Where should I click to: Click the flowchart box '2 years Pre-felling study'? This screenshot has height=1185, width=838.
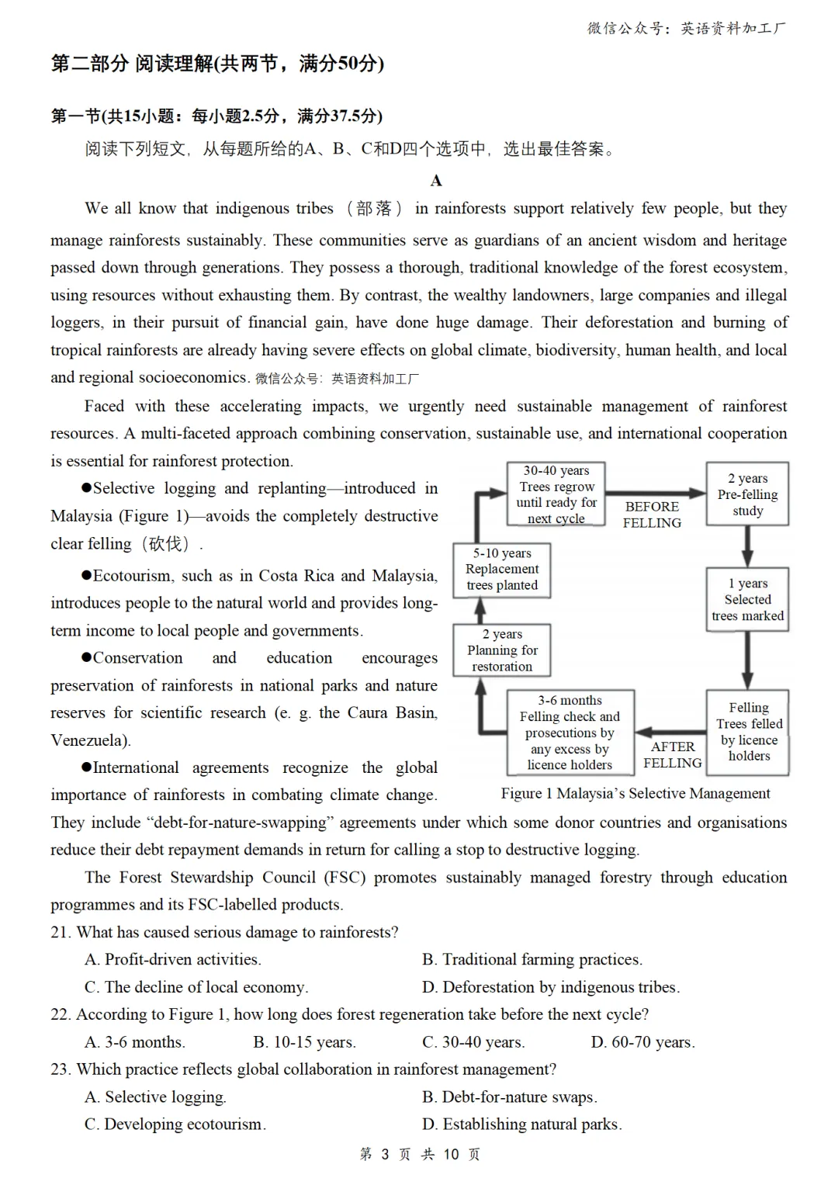point(747,494)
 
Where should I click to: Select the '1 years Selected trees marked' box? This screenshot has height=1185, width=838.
point(747,599)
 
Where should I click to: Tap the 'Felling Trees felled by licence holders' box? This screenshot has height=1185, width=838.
point(748,732)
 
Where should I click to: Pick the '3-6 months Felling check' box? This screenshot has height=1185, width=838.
point(570,732)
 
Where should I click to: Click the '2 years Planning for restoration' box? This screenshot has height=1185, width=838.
point(502,650)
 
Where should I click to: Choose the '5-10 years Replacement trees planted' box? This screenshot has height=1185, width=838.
point(502,569)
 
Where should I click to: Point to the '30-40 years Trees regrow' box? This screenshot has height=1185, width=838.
point(556,494)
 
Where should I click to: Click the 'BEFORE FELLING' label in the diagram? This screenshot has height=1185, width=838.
point(652,515)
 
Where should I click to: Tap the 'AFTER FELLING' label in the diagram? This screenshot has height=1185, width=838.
point(672,754)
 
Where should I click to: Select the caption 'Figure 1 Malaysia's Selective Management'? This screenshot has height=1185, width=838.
point(635,793)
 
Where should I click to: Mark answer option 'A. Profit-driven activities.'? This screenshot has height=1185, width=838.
point(173,960)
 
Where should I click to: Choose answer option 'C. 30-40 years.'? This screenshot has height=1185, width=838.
point(473,1042)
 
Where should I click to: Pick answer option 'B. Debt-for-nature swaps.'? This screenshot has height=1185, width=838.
point(510,1097)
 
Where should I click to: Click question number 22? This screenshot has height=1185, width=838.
point(61,1014)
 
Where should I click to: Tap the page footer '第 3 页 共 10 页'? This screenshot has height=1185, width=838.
point(420,1155)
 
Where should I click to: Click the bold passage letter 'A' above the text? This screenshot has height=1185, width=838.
point(436,181)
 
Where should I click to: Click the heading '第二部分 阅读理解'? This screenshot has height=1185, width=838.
point(132,64)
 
